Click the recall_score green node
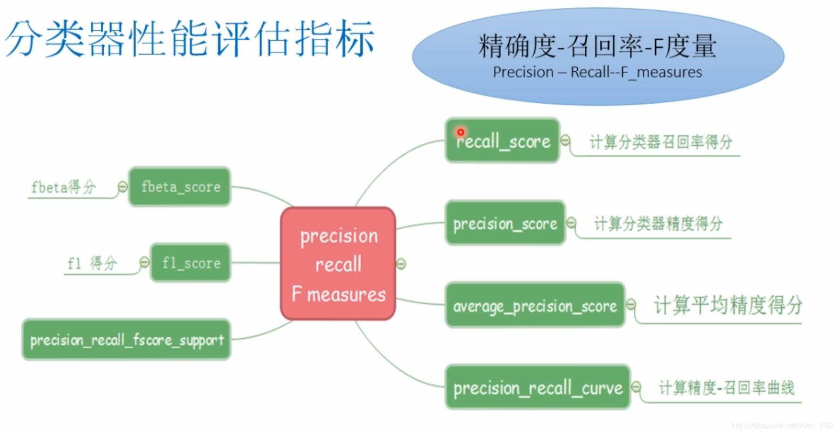[x=502, y=141]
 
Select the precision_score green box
[x=505, y=223]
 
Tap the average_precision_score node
[x=535, y=306]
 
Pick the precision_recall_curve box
[x=538, y=387]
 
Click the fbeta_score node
[x=180, y=187]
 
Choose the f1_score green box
[x=191, y=263]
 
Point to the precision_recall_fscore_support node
[x=126, y=340]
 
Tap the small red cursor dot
[x=461, y=132]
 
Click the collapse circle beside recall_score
[x=565, y=141]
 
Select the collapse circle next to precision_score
[x=571, y=223]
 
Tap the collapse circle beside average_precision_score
[x=631, y=305]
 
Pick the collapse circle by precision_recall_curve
[x=636, y=387]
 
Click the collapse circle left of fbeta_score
[x=123, y=187]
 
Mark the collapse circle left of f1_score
[x=144, y=262]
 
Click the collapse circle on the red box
[x=401, y=264]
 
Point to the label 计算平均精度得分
[x=727, y=305]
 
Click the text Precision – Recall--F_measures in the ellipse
[x=597, y=72]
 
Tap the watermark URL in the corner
[x=782, y=426]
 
